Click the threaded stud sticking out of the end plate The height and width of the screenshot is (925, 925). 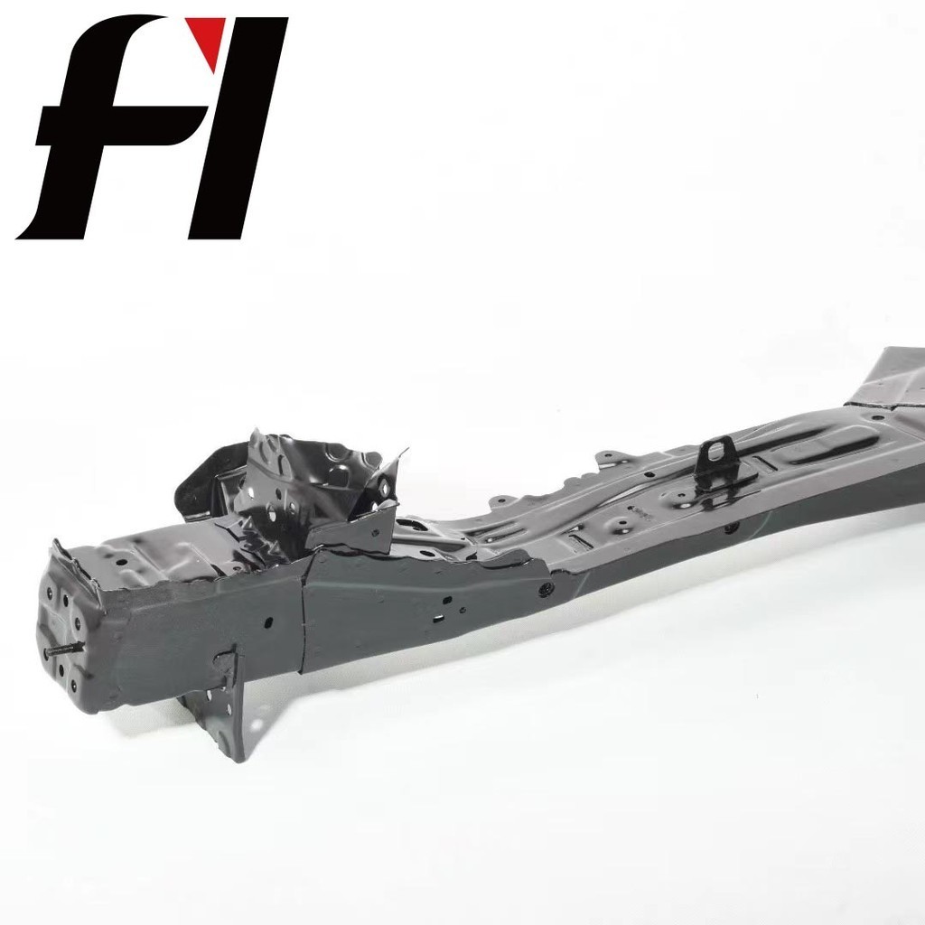(64, 649)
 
